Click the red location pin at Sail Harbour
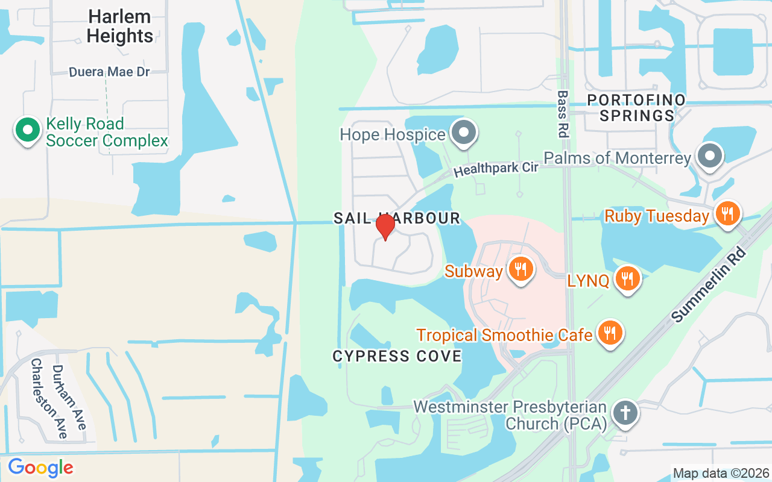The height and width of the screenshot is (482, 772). click(385, 227)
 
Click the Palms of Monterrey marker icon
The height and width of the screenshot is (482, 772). click(710, 156)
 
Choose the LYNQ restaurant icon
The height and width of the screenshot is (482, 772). click(627, 278)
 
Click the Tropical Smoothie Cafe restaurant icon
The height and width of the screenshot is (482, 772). click(610, 333)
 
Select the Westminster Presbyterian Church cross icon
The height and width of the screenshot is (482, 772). click(626, 413)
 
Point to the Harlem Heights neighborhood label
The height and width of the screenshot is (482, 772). click(120, 26)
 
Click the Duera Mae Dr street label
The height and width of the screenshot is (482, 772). click(109, 72)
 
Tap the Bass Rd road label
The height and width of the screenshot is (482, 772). click(563, 114)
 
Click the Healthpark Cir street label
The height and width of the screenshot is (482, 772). click(496, 168)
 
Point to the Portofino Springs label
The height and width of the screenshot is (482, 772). click(637, 107)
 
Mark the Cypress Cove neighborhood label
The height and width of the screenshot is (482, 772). click(397, 356)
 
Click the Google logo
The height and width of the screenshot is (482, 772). click(40, 468)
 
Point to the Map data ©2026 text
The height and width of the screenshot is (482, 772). click(721, 474)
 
